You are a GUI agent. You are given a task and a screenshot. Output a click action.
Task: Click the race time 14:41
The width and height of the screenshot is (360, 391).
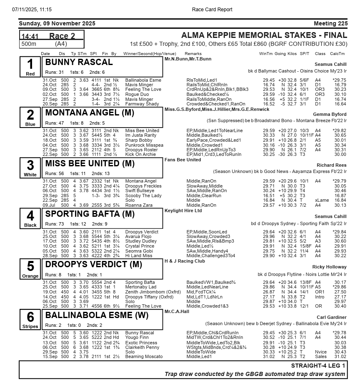click(30, 36)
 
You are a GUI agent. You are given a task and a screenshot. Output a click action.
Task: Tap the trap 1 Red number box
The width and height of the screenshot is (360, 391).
click(30, 67)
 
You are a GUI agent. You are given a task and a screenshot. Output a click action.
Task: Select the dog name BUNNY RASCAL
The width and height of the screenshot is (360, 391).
click(79, 62)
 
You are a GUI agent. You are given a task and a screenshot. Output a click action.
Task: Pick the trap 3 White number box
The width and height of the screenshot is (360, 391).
click(30, 168)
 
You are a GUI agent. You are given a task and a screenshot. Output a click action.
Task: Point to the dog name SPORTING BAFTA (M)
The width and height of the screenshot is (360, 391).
click(90, 214)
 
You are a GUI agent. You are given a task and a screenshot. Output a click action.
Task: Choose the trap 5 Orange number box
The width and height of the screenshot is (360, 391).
click(30, 269)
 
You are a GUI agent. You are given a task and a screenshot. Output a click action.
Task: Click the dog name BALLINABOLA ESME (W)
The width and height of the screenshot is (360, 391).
click(97, 315)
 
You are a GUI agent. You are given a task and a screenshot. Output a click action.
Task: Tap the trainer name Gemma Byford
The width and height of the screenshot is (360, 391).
click(330, 114)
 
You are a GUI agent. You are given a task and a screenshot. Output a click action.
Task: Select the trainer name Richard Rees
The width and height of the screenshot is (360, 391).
click(331, 165)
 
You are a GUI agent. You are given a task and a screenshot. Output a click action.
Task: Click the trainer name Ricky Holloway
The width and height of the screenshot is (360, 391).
click(329, 267)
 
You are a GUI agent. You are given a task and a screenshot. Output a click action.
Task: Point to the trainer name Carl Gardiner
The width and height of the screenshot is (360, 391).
click(332, 317)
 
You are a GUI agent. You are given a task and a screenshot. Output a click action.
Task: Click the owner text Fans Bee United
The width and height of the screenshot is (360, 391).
click(182, 160)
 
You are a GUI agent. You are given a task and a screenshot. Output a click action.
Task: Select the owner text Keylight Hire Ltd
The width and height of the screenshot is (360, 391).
click(183, 211)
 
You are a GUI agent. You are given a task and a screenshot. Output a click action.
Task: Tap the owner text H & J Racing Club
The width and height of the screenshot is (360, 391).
click(185, 261)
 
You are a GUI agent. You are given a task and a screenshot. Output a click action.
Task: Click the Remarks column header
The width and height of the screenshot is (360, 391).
click(193, 54)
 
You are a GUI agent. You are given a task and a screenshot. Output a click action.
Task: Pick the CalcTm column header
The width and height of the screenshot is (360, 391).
click(337, 54)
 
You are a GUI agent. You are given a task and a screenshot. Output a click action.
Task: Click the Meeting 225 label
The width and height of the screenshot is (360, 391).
click(330, 23)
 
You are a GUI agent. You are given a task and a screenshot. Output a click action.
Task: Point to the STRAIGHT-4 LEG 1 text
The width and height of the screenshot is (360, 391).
click(318, 366)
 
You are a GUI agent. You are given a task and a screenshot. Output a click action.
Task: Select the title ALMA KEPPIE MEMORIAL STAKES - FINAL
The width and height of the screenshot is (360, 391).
click(264, 35)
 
